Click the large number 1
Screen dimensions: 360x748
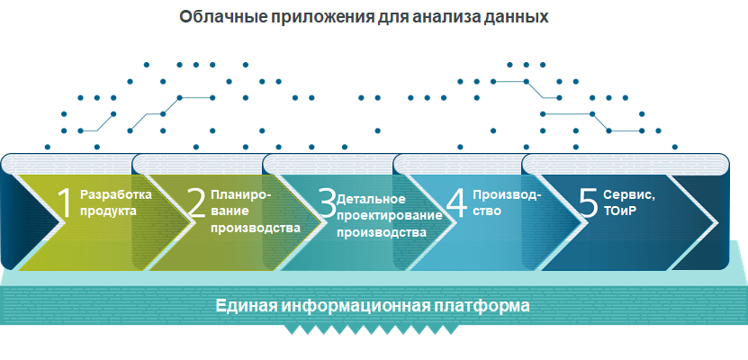coord(65,203)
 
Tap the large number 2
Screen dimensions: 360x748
coord(196,203)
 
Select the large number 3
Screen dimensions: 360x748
coord(327,203)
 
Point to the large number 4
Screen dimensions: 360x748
coord(457,203)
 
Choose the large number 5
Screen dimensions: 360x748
coord(588,203)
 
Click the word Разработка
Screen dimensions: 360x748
coord(116,193)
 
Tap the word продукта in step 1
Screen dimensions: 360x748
coord(108,211)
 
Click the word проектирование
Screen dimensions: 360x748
coord(389,215)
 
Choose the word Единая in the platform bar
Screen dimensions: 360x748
coord(247,305)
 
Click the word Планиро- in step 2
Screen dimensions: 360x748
coord(239,193)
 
